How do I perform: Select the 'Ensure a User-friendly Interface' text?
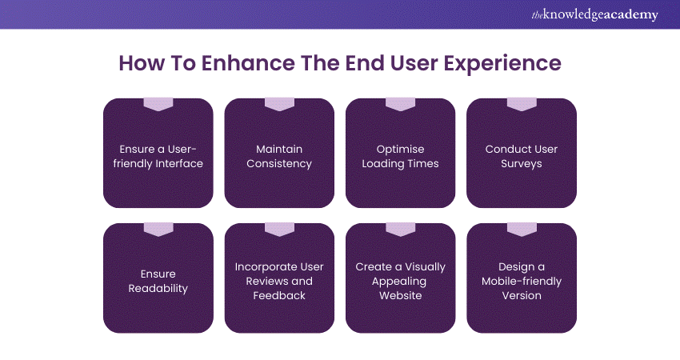point(158,156)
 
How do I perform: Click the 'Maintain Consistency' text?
point(279,156)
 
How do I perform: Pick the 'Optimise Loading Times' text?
point(400,156)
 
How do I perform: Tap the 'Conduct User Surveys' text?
point(522,156)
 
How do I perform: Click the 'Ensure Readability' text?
point(158,281)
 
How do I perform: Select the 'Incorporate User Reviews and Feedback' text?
point(279,281)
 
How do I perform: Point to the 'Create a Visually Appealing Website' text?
point(400,281)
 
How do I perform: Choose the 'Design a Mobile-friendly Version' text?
point(522,281)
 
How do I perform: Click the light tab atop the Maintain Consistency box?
point(279,104)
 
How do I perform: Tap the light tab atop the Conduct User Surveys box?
point(522,104)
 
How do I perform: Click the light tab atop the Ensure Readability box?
point(158,229)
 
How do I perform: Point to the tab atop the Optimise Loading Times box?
point(400,104)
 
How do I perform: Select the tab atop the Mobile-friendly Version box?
point(522,229)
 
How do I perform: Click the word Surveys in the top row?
point(522,164)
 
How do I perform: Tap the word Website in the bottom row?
point(400,296)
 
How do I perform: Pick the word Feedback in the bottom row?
point(279,296)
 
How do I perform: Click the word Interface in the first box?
point(178,164)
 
